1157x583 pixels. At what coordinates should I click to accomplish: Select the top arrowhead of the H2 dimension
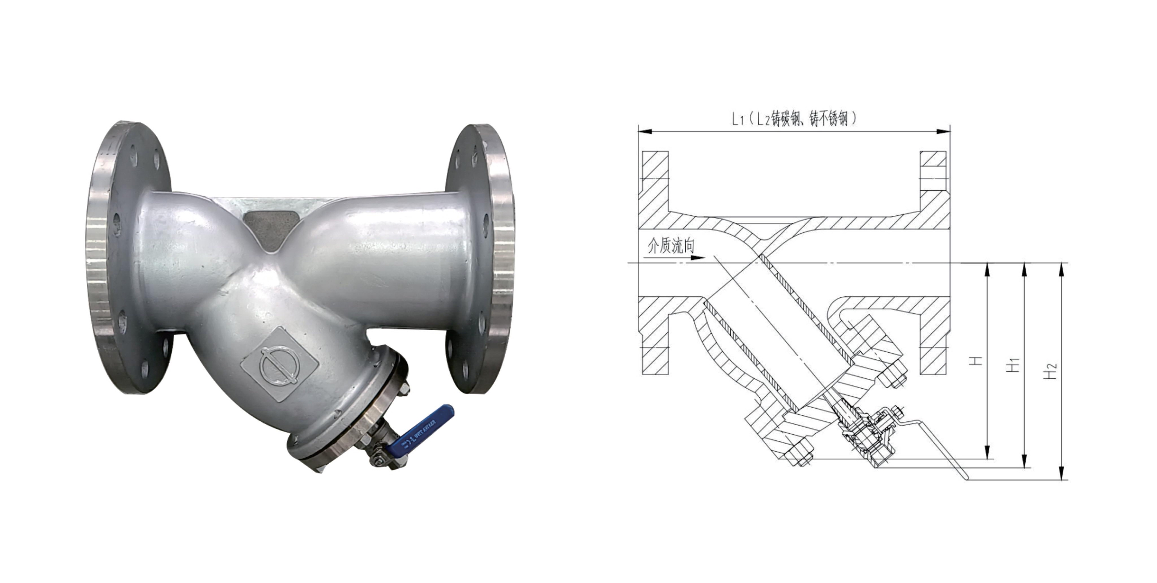(1062, 269)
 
